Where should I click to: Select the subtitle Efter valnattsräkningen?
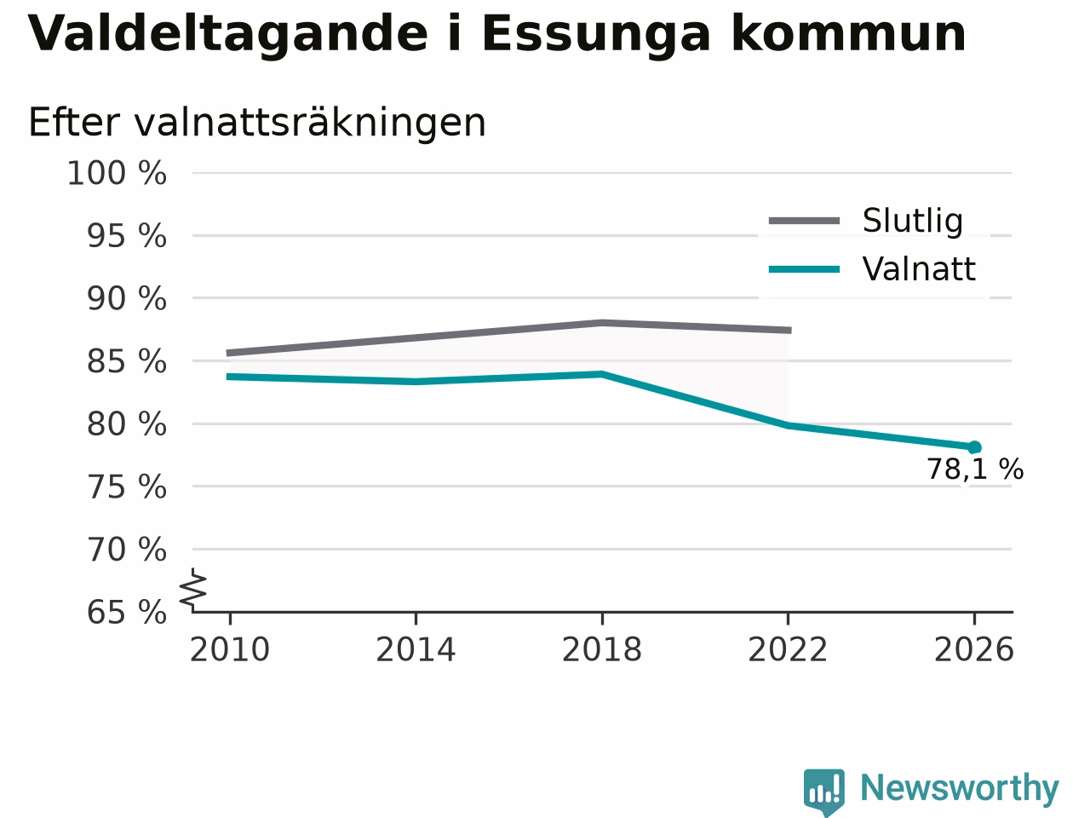click(257, 123)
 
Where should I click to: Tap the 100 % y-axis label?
click(117, 174)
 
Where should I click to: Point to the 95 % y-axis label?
click(127, 236)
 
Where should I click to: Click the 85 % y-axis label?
click(127, 361)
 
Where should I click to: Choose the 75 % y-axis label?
click(127, 487)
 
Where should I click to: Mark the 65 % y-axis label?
click(127, 613)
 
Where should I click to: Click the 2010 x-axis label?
click(229, 649)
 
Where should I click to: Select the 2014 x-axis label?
click(416, 649)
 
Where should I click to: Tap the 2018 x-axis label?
click(602, 649)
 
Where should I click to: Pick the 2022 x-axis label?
click(788, 649)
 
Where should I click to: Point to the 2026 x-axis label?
click(974, 649)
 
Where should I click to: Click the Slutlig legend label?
click(913, 221)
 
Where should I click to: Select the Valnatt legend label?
click(919, 269)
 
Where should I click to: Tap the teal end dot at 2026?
click(974, 447)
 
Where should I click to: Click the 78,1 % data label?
click(975, 469)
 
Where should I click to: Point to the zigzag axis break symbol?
click(192, 590)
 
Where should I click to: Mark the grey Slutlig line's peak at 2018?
click(602, 323)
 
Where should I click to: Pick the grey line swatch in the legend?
click(804, 221)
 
